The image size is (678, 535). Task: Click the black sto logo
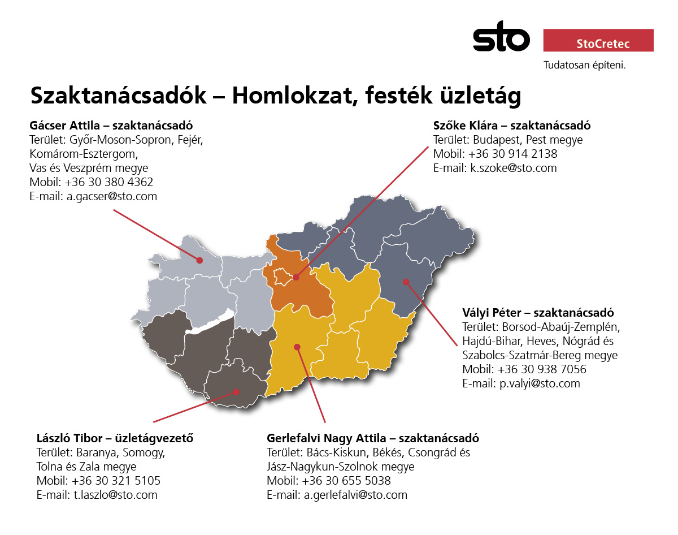click(501, 36)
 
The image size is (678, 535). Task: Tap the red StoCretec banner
click(598, 40)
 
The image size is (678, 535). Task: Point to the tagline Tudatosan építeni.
click(584, 65)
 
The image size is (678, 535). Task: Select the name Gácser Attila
click(64, 126)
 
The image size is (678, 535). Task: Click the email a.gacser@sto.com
click(112, 196)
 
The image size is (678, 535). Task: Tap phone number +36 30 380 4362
click(109, 182)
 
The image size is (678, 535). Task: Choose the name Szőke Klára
click(466, 126)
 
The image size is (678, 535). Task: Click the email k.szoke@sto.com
click(514, 168)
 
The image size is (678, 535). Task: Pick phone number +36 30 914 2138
click(513, 154)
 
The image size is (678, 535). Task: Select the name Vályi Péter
click(492, 313)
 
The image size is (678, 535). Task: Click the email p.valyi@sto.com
click(540, 383)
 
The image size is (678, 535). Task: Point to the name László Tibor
click(69, 438)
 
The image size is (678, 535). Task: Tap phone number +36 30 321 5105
click(116, 481)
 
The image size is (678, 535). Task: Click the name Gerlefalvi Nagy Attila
click(327, 438)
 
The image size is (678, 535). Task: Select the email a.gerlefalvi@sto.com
click(355, 495)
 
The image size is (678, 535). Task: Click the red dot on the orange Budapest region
click(296, 277)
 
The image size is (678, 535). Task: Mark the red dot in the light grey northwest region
click(199, 260)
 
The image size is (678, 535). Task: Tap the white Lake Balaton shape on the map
click(210, 322)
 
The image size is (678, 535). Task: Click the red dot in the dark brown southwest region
click(236, 392)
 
